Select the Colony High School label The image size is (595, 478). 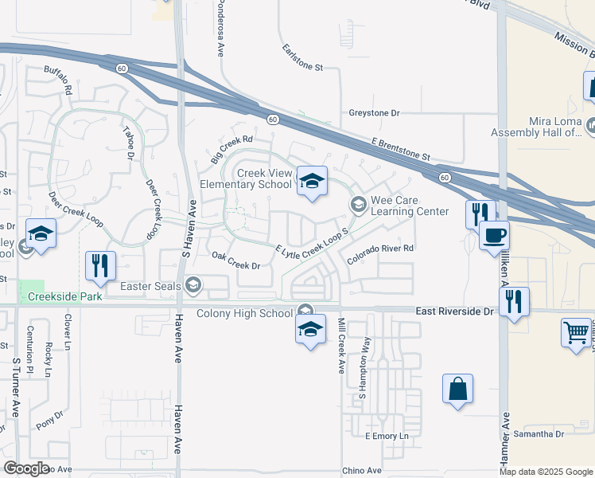point(243,313)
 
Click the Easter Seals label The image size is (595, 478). point(150,285)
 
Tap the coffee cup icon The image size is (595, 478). point(495,237)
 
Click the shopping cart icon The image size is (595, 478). point(576,333)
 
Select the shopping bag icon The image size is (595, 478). point(457,390)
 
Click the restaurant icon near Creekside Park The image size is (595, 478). point(99,265)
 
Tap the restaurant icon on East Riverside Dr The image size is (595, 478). point(514,302)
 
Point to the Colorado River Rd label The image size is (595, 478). point(381,249)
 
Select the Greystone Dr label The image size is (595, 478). point(374,113)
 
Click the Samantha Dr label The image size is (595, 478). point(539,433)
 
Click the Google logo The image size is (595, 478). point(26,468)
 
